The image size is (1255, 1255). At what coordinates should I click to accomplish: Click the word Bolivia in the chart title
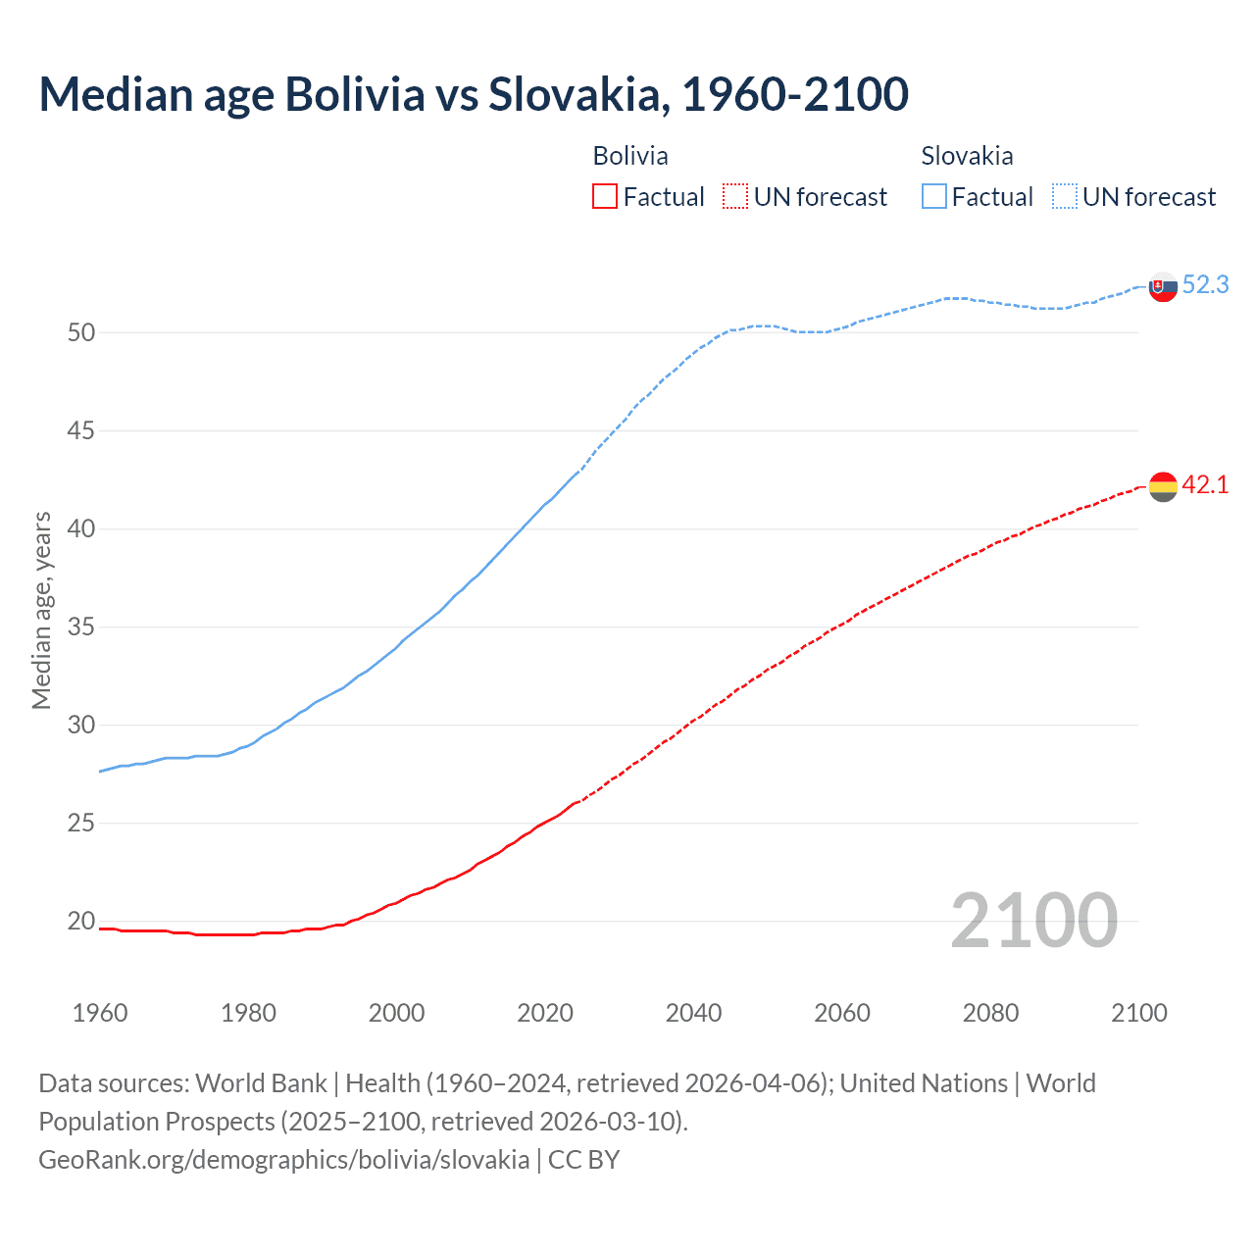coord(355,94)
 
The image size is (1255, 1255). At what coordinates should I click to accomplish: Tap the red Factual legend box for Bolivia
coord(605,197)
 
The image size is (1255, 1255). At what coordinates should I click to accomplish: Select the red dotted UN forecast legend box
coord(735,197)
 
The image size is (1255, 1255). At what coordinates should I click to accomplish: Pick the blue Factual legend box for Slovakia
coord(934,197)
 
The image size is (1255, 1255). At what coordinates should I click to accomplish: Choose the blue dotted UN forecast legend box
coord(1065,197)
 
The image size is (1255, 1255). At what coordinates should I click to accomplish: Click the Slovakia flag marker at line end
coord(1163,286)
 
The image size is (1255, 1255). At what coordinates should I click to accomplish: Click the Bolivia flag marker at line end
coord(1163,486)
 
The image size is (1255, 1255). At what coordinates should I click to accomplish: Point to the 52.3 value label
coord(1206,285)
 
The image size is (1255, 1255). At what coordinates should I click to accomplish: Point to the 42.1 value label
coord(1206,485)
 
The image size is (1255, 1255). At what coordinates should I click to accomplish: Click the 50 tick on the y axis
coord(81,333)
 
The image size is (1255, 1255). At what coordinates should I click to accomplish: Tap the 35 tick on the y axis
coord(81,627)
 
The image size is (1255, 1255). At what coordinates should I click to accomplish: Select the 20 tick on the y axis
coord(81,922)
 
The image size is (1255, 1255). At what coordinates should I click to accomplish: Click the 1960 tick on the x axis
coord(100,1013)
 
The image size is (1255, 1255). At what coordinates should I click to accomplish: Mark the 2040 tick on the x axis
coord(693,1013)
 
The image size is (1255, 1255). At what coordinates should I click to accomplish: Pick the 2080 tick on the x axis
coord(990,1013)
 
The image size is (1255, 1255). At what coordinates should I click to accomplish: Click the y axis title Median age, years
coord(41,610)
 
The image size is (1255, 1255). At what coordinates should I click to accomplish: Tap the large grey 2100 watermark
coord(1034,920)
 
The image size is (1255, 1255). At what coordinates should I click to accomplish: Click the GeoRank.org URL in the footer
coord(283,1160)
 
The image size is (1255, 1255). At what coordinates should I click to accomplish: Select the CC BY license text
coord(584,1160)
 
